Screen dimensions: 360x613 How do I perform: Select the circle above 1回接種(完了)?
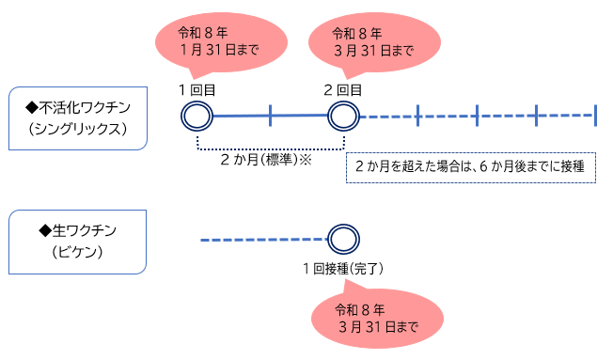[x=342, y=240]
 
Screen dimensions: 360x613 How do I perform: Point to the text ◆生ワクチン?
[x=76, y=230]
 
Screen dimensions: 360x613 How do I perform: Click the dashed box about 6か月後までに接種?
[x=470, y=166]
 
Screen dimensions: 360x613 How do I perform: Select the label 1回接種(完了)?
[x=342, y=269]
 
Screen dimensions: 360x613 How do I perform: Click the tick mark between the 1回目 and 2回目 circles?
[x=270, y=116]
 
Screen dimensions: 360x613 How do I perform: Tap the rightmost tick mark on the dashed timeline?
[x=595, y=116]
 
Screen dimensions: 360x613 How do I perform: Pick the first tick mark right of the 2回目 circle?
[x=417, y=116]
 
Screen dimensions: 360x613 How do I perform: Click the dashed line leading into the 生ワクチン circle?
[x=263, y=240]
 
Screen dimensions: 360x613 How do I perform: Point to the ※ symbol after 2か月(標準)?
[x=305, y=160]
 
